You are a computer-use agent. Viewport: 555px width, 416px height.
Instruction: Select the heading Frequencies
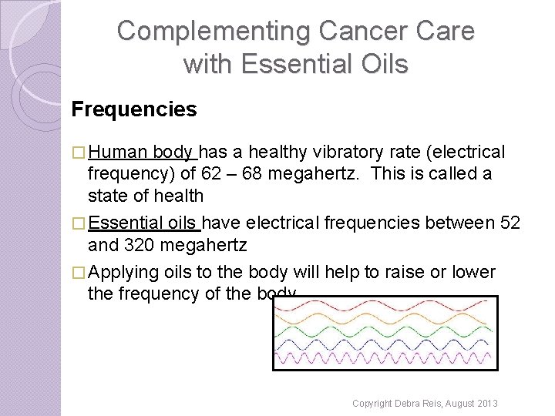pyautogui.click(x=134, y=109)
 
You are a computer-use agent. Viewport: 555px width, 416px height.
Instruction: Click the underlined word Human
pyautogui.click(x=119, y=153)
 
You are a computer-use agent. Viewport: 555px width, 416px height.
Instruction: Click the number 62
pyautogui.click(x=210, y=174)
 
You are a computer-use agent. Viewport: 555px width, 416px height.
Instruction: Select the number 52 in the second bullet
pyautogui.click(x=510, y=223)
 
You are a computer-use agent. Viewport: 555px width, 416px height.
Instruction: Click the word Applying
pyautogui.click(x=124, y=273)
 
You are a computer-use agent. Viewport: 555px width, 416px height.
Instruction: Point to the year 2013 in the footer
pyautogui.click(x=486, y=404)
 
